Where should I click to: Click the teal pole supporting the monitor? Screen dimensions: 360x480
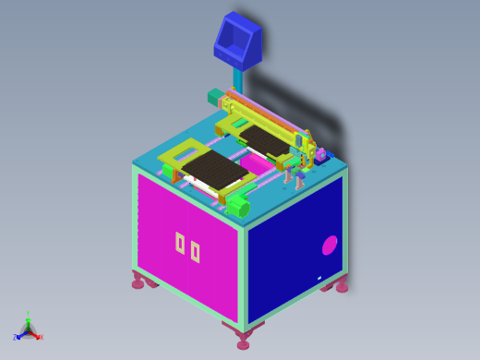(x=238, y=80)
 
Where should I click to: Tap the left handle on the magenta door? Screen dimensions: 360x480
(x=180, y=243)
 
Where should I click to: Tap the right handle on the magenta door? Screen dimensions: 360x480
(x=195, y=250)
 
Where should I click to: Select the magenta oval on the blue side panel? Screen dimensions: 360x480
(x=329, y=245)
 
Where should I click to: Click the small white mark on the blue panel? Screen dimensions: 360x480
(x=319, y=278)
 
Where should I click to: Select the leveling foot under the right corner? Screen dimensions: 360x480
(x=342, y=287)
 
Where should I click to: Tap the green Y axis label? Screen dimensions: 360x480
(x=28, y=315)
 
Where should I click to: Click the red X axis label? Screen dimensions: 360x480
(x=41, y=337)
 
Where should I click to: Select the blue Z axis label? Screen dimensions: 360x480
(x=16, y=337)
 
